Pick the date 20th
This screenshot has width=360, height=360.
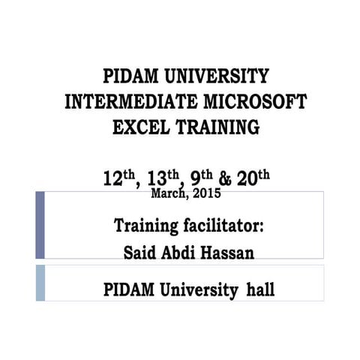[253, 178]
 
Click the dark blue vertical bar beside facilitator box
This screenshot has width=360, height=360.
[40, 225]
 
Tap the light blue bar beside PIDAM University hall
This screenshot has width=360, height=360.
[40, 283]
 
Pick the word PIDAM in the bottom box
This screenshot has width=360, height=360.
[129, 289]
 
